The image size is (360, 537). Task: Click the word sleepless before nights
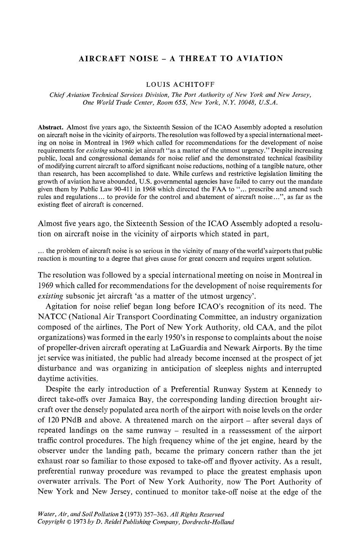tap(229, 368)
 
